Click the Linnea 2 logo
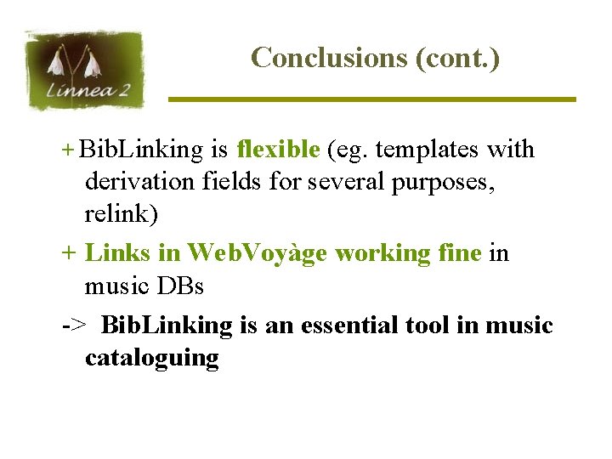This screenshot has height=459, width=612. click(85, 71)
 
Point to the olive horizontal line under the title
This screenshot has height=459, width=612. click(371, 99)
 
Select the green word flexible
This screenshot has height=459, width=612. click(278, 150)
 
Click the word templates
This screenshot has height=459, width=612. click(428, 150)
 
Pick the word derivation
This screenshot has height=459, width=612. click(139, 181)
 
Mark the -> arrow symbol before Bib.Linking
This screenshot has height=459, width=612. click(73, 326)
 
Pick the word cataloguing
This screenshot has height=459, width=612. click(151, 358)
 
